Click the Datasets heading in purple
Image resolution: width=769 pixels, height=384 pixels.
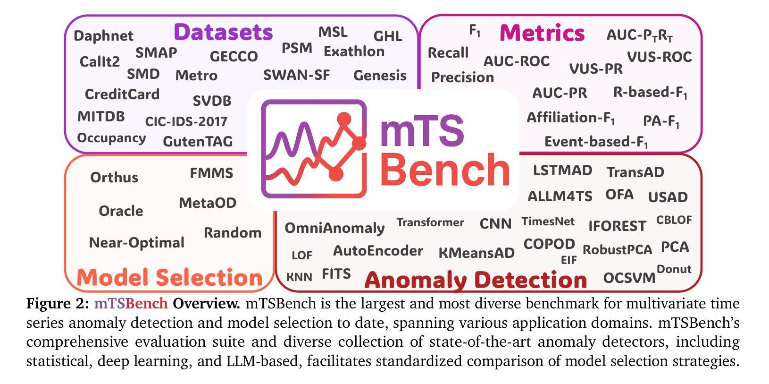click(223, 32)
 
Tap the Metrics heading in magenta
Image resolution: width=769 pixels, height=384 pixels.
click(542, 33)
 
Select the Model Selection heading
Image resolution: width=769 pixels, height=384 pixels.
click(169, 277)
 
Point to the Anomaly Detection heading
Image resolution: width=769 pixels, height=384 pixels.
click(476, 280)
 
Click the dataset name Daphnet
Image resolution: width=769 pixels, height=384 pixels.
click(103, 36)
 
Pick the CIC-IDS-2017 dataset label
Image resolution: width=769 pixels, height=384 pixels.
click(186, 121)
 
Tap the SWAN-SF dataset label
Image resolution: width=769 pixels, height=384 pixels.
click(297, 75)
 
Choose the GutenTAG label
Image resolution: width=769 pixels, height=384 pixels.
click(198, 141)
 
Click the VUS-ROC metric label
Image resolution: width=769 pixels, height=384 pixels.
click(660, 57)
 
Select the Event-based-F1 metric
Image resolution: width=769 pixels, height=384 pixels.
click(596, 142)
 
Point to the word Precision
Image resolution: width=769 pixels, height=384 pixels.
click(462, 77)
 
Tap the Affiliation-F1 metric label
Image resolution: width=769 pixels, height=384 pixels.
click(570, 118)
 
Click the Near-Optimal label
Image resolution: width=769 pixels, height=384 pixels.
click(137, 243)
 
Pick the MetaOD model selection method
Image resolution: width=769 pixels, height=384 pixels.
click(208, 203)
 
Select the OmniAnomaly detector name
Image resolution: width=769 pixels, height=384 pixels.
click(334, 228)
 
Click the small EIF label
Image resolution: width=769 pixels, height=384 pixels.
click(568, 260)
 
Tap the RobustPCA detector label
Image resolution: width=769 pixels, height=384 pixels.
click(617, 249)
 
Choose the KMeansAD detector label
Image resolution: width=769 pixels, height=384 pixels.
click(476, 253)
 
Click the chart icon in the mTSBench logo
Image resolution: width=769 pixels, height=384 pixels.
click(314, 148)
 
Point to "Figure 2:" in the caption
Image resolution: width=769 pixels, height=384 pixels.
click(58, 304)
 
